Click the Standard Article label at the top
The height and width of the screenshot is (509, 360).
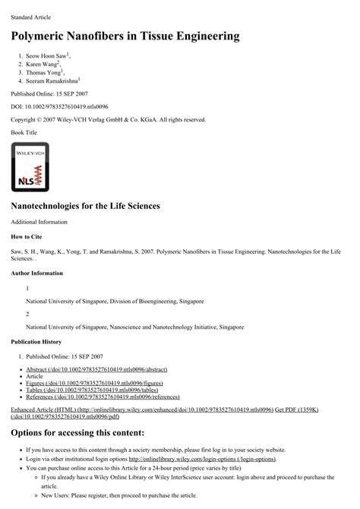[x=31, y=16]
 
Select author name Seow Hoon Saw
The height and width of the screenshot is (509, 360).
[x=46, y=56]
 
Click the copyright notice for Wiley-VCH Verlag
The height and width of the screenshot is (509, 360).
[x=108, y=119]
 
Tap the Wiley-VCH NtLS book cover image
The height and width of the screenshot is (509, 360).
[x=30, y=166]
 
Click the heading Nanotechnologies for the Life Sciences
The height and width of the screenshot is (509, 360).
[x=85, y=206]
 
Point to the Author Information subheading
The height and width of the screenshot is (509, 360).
[x=36, y=273]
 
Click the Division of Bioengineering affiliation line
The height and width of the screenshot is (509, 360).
[x=115, y=302]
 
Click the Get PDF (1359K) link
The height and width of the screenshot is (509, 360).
[x=297, y=409]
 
